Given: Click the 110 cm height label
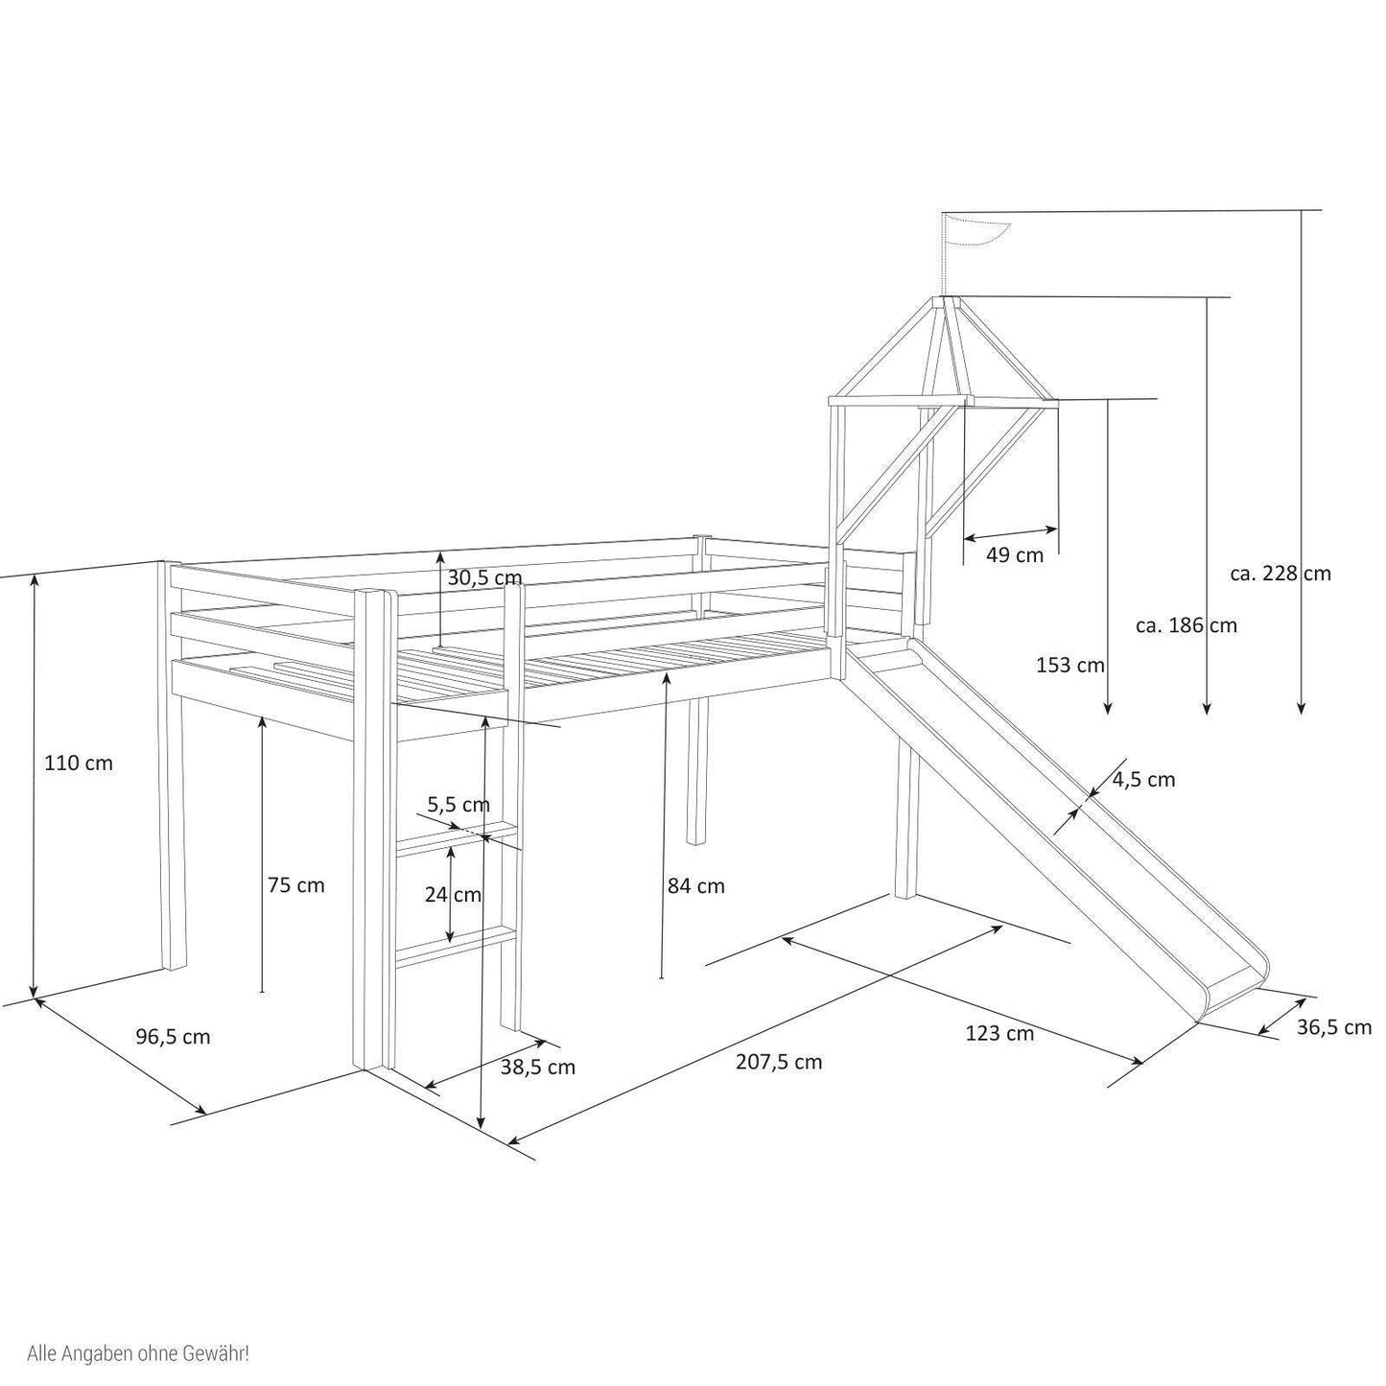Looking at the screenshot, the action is tap(79, 763).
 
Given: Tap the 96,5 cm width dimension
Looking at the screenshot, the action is tap(174, 1037).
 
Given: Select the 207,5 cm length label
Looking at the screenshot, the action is tap(779, 1062).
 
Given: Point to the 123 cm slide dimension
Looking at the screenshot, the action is tap(999, 1034).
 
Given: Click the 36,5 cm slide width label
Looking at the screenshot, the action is tap(1334, 1027).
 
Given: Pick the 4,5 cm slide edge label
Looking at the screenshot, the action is tap(1144, 779).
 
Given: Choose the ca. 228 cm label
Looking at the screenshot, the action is tap(1281, 574).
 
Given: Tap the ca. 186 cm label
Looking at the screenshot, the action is tap(1186, 625).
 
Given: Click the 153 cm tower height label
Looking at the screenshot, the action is tap(1070, 665).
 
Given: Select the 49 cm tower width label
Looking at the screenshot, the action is tap(1014, 554).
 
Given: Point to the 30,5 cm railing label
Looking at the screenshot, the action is tap(484, 577).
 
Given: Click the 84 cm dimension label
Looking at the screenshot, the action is tap(696, 886).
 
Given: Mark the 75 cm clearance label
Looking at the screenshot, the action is tap(296, 884).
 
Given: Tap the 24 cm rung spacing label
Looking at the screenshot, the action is tap(453, 895).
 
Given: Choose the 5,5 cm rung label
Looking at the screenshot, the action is tap(458, 804).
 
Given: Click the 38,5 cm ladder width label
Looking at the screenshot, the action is tap(538, 1067).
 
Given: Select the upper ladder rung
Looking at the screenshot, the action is tap(458, 838).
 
